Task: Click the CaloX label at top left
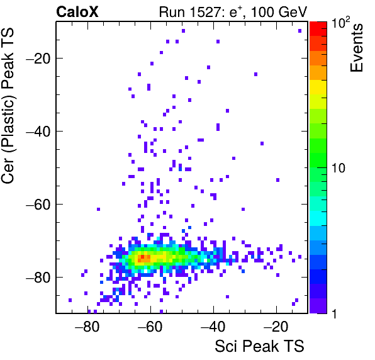pos(77,12)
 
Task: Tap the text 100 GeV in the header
pos(279,12)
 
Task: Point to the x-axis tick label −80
pos(87,327)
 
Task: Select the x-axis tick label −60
pos(150,327)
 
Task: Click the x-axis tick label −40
pos(213,327)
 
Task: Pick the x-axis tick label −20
pos(276,327)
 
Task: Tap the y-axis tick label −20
pos(38,58)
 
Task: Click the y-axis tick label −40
pos(38,132)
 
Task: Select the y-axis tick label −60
pos(38,205)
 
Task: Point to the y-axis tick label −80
pos(38,277)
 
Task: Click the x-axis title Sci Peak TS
pos(259,346)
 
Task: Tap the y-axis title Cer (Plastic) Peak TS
pos(8,106)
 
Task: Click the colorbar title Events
pos(356,48)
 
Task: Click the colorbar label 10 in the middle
pos(339,168)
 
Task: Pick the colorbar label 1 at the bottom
pos(335,313)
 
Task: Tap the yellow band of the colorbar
pos(318,87)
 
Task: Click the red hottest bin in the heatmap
pos(142,257)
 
